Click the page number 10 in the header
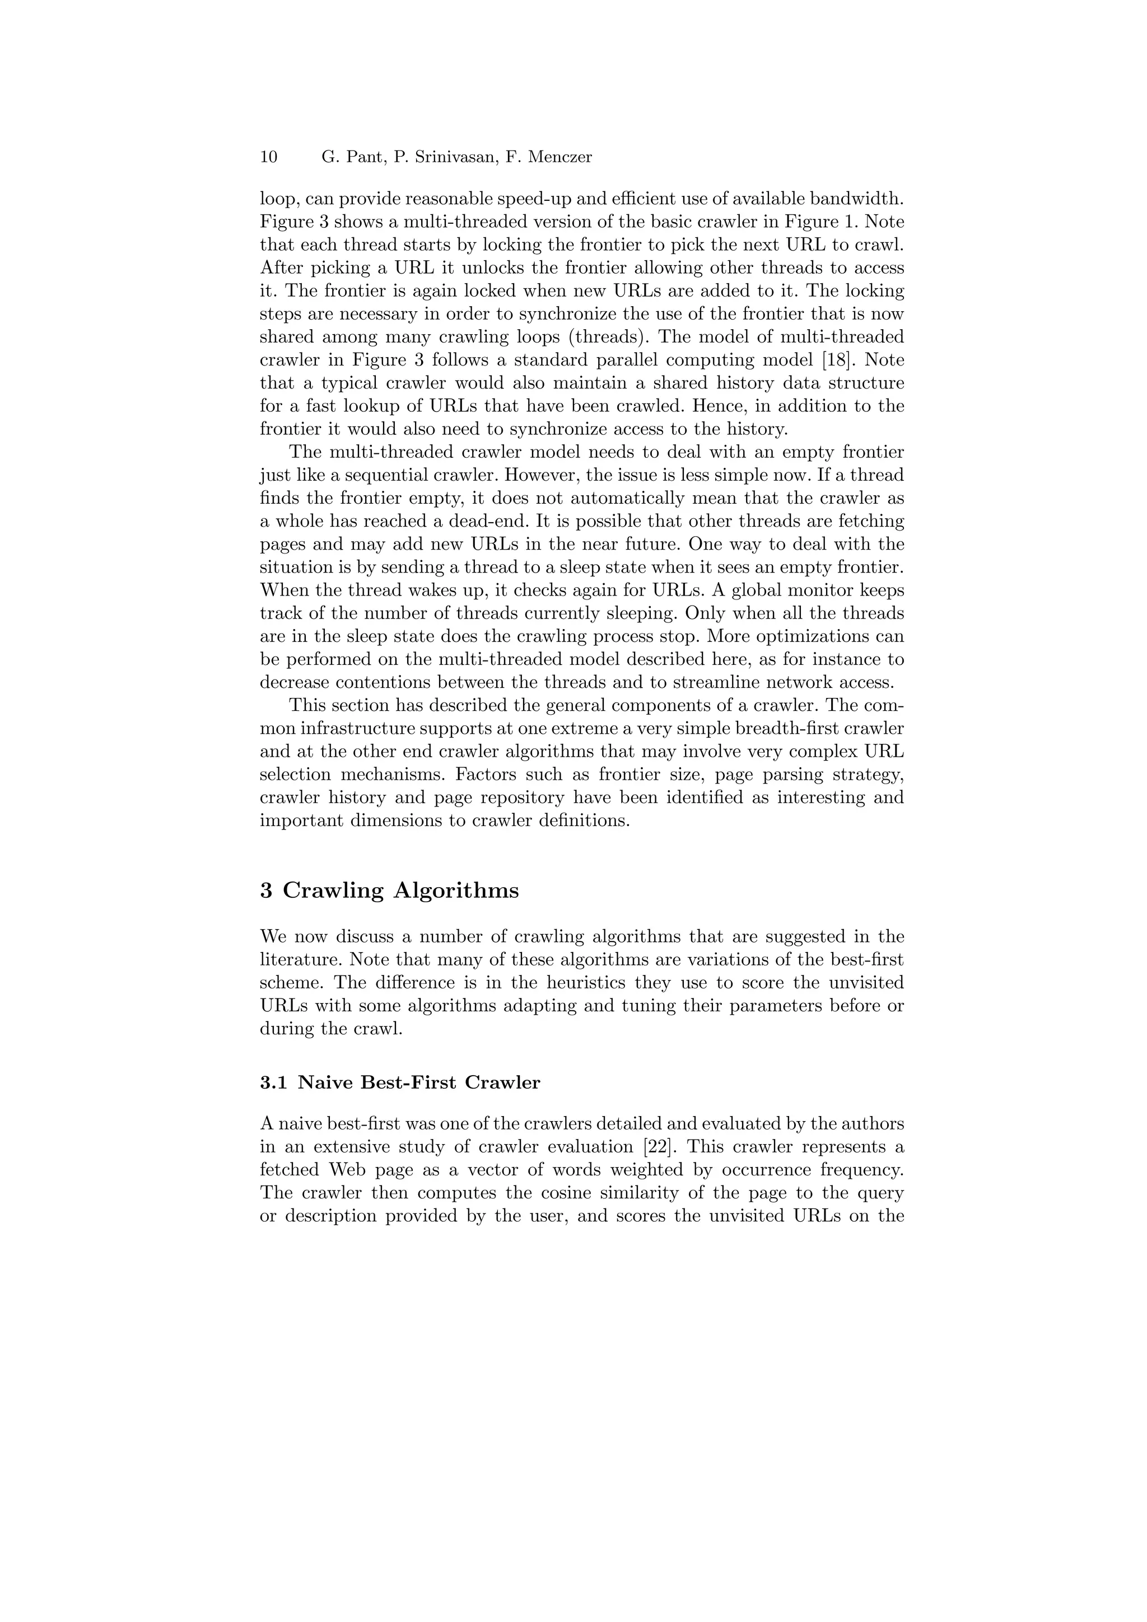[269, 157]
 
